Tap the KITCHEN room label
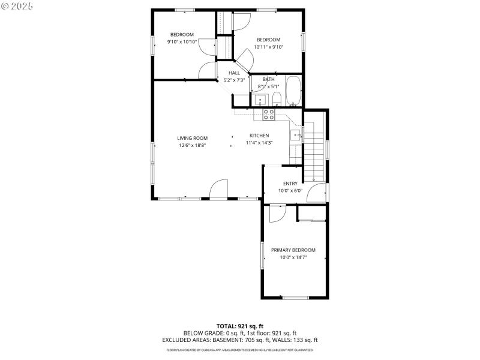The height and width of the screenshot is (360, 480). coord(259,136)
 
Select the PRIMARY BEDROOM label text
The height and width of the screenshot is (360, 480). coord(293,250)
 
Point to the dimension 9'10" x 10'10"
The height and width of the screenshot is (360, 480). coord(182,42)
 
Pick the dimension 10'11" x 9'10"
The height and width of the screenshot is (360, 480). coord(268,47)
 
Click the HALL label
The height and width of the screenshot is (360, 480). coord(234,73)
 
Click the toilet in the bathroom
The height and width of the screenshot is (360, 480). coord(277,100)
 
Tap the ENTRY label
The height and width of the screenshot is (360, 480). coord(290,184)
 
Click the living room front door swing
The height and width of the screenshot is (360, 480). coord(218,188)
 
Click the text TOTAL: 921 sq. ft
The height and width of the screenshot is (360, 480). coord(239,326)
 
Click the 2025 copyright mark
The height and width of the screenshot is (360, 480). coord(17,5)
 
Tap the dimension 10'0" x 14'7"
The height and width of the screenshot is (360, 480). coord(293,257)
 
